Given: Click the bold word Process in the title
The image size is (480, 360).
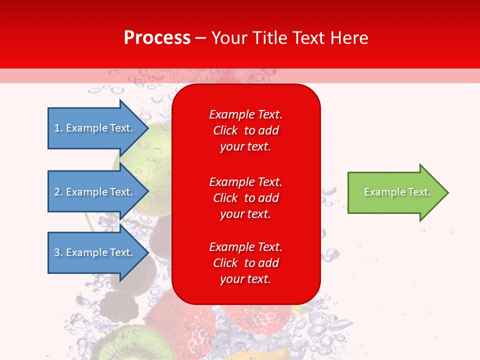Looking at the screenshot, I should point(157,37).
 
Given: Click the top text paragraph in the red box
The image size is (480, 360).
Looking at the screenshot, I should point(245,130).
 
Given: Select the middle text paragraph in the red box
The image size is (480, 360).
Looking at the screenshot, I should point(245,198).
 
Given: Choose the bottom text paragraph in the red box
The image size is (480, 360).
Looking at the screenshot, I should point(245,263).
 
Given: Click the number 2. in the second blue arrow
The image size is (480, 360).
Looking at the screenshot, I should point(58,192).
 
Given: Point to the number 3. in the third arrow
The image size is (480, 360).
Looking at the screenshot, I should point(58,252).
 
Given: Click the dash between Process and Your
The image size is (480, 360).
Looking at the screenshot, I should point(200,38).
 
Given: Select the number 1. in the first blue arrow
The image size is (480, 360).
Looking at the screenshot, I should point(58,128).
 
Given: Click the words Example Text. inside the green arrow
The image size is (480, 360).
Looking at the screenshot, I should point(397,192).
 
